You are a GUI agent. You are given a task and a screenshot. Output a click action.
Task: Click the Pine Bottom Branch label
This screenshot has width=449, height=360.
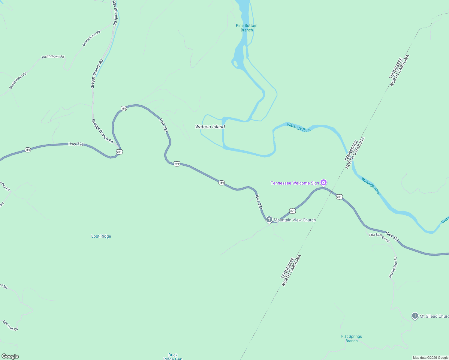point(246,28)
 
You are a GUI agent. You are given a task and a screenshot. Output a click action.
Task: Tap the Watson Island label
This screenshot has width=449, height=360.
point(210,127)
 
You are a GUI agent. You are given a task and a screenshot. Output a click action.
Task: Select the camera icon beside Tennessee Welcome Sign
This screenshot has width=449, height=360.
point(324,182)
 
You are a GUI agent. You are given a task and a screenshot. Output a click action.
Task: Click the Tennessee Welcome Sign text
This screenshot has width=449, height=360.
point(295,183)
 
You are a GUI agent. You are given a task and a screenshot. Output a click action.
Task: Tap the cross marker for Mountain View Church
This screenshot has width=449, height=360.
point(269,220)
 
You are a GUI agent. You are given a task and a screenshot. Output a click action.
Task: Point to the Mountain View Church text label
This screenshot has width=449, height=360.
point(295,220)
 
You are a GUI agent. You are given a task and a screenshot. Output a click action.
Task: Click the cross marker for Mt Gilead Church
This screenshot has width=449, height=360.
point(415,316)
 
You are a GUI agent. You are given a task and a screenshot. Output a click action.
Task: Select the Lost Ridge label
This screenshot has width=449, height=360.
point(101,236)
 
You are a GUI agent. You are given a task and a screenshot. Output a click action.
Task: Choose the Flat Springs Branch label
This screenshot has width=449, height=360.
point(351,338)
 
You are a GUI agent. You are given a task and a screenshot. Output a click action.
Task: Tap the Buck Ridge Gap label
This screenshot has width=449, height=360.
point(173,357)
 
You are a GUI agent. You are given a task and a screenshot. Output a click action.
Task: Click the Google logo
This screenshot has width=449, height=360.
point(10,356)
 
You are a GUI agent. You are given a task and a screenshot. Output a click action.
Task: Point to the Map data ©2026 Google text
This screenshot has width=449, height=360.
point(430,358)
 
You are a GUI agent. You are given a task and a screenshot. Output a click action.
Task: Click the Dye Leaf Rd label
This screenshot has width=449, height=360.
point(11,325)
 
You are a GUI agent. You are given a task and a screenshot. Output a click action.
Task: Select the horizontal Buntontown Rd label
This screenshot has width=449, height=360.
point(53,57)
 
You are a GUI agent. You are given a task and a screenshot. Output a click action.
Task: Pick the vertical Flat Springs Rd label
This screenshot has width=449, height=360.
point(393,267)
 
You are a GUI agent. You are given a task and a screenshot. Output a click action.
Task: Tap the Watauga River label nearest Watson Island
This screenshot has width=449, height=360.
point(299,127)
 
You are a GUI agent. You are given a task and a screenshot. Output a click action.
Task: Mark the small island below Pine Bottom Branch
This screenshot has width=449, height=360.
point(236,64)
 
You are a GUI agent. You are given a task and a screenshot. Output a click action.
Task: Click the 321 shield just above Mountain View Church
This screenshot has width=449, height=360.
point(292,211)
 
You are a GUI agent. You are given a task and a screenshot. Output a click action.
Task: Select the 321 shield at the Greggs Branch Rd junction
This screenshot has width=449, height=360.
point(119,152)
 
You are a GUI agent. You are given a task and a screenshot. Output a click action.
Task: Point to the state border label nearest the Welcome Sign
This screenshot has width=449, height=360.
point(354,153)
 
